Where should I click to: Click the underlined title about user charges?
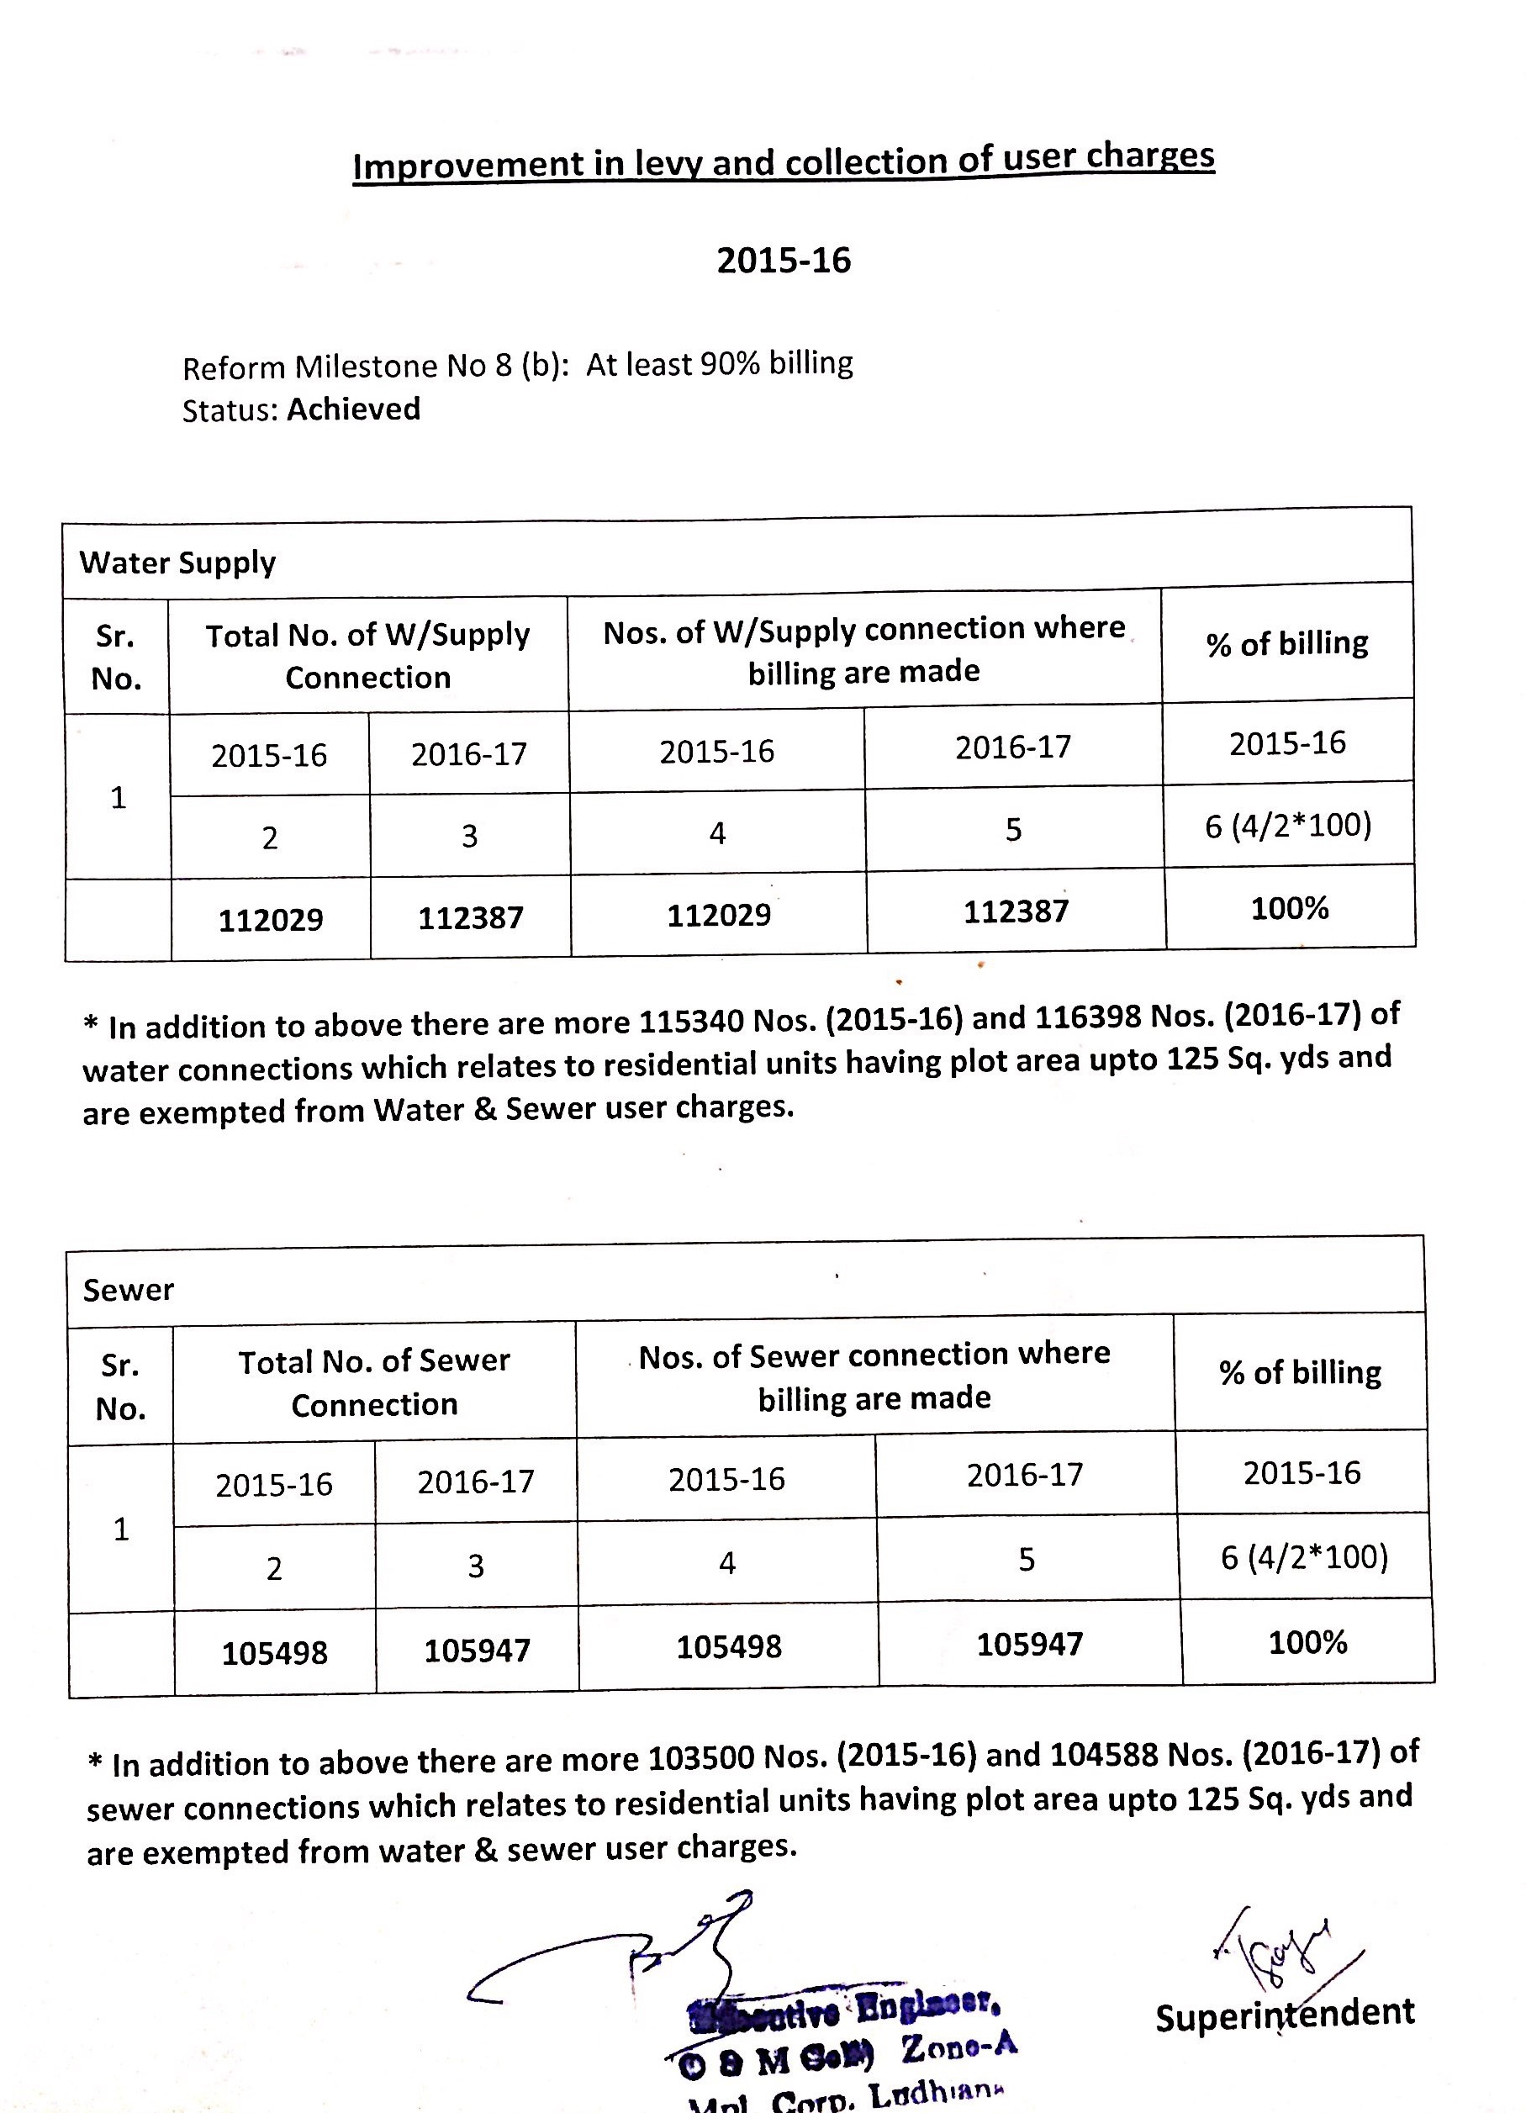[x=784, y=161]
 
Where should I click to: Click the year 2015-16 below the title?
[x=784, y=260]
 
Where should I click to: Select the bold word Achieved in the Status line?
[x=354, y=409]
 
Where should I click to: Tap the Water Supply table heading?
[x=177, y=563]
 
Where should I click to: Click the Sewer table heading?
[x=129, y=1291]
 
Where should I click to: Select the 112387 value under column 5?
[x=1016, y=911]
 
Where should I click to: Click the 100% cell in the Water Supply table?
[x=1290, y=908]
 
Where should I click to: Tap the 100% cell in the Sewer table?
[x=1307, y=1642]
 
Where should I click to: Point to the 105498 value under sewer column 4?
[x=729, y=1647]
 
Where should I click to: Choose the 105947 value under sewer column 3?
[x=477, y=1651]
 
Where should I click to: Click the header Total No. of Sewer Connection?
[x=374, y=1383]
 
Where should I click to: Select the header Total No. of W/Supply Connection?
[x=368, y=656]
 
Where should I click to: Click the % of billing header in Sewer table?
[x=1301, y=1372]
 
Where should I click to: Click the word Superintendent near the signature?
[x=1285, y=2015]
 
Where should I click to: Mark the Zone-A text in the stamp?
[x=958, y=2046]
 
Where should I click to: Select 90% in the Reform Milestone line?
[x=731, y=364]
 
